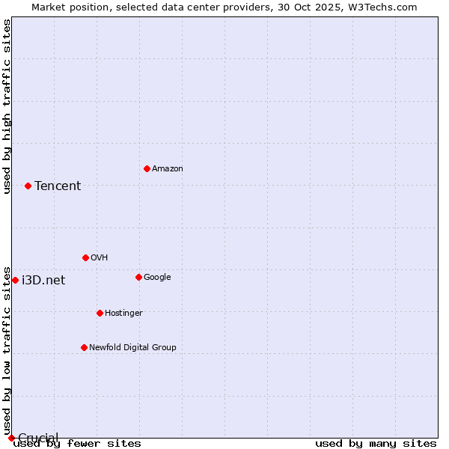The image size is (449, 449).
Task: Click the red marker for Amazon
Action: (x=147, y=168)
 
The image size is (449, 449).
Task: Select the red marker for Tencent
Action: (x=28, y=186)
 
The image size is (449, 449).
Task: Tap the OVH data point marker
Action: (x=85, y=257)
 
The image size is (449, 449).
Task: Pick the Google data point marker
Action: (x=138, y=277)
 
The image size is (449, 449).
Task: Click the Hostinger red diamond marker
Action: (x=100, y=313)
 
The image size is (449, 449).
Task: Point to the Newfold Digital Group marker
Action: (x=84, y=347)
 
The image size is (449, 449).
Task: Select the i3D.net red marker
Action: (x=15, y=280)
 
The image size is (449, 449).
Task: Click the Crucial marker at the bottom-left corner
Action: (x=11, y=438)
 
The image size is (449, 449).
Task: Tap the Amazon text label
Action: (x=168, y=169)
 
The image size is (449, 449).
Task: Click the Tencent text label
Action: (x=58, y=186)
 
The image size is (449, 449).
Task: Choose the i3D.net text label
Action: (x=43, y=281)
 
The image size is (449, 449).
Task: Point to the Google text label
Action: (x=157, y=278)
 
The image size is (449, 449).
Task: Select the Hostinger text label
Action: (x=123, y=314)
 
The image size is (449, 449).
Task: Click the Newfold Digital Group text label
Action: (x=132, y=348)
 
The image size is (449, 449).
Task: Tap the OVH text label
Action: (x=100, y=258)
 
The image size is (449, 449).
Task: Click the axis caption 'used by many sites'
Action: (x=376, y=444)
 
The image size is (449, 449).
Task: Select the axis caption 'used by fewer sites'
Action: (x=78, y=444)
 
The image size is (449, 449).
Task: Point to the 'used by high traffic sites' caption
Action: (x=7, y=106)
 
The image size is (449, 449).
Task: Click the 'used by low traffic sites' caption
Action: (x=7, y=350)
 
